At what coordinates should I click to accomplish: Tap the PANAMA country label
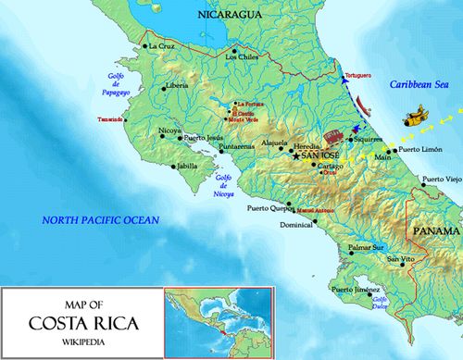pyautogui.click(x=436, y=230)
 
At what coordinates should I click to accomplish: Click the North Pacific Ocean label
pyautogui.click(x=99, y=219)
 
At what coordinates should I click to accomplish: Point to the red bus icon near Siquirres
pyautogui.click(x=332, y=137)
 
